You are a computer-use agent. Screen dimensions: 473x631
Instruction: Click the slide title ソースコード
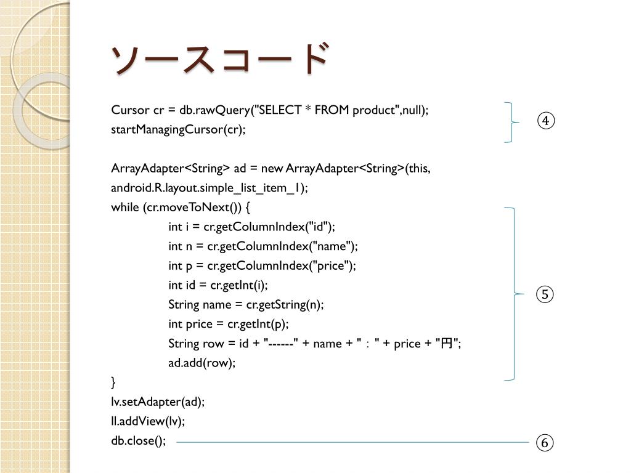click(219, 60)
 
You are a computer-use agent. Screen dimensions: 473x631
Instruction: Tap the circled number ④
click(545, 121)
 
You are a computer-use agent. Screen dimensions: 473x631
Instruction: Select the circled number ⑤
click(545, 295)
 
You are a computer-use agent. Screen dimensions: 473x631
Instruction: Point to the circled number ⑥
click(545, 443)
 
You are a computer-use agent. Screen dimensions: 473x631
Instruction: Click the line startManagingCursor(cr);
click(178, 129)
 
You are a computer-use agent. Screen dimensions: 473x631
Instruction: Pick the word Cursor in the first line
click(129, 110)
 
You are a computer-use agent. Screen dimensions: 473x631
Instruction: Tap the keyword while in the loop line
click(125, 207)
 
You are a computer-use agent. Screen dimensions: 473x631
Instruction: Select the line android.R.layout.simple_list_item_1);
click(210, 188)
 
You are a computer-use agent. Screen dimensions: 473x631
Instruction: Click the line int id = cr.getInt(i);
click(218, 285)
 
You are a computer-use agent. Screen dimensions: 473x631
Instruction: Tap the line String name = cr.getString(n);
click(245, 305)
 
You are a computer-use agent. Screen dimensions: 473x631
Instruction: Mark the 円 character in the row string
click(446, 344)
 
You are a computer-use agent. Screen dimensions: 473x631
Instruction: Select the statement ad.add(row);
click(202, 363)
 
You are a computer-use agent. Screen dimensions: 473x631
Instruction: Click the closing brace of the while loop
click(113, 382)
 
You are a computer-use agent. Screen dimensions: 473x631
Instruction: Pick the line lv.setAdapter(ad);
click(158, 402)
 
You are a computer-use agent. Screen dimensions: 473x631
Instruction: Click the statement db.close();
click(139, 441)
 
